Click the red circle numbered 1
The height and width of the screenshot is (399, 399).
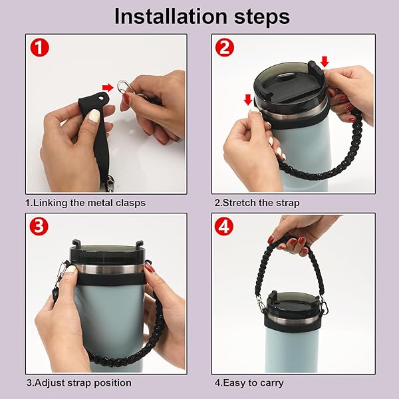pyautogui.click(x=39, y=48)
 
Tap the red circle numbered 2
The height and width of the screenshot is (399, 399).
pyautogui.click(x=225, y=48)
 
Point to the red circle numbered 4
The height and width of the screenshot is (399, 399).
pyautogui.click(x=224, y=227)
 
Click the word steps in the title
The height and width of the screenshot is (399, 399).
pyautogui.click(x=262, y=18)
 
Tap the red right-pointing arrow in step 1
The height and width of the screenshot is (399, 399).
pyautogui.click(x=108, y=88)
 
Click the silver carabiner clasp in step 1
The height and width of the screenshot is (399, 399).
pyautogui.click(x=125, y=86)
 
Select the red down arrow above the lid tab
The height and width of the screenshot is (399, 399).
pyautogui.click(x=325, y=62)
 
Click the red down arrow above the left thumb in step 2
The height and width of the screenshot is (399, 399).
pyautogui.click(x=248, y=100)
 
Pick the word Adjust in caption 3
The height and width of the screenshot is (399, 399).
pyautogui.click(x=49, y=383)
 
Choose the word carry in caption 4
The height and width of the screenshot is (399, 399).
pyautogui.click(x=271, y=384)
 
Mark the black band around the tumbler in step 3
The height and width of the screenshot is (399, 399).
pyautogui.click(x=110, y=279)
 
